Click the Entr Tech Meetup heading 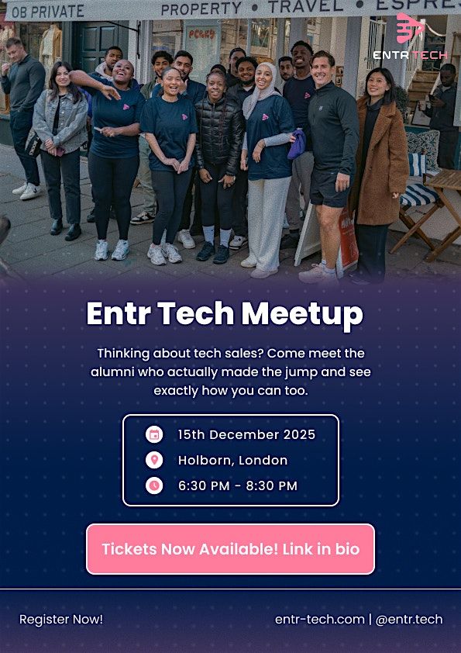pyautogui.click(x=225, y=314)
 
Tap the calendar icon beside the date pyautogui.click(x=154, y=434)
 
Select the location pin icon pyautogui.click(x=154, y=460)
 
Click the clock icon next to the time pyautogui.click(x=154, y=485)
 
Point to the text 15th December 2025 pyautogui.click(x=246, y=434)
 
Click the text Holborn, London pyautogui.click(x=232, y=460)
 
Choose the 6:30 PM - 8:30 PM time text pyautogui.click(x=238, y=485)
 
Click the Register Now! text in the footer pyautogui.click(x=61, y=619)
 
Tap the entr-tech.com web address pyautogui.click(x=319, y=619)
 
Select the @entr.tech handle pyautogui.click(x=409, y=619)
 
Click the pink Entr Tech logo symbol pyautogui.click(x=410, y=29)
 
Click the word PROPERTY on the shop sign pyautogui.click(x=202, y=9)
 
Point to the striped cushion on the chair pyautogui.click(x=418, y=194)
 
